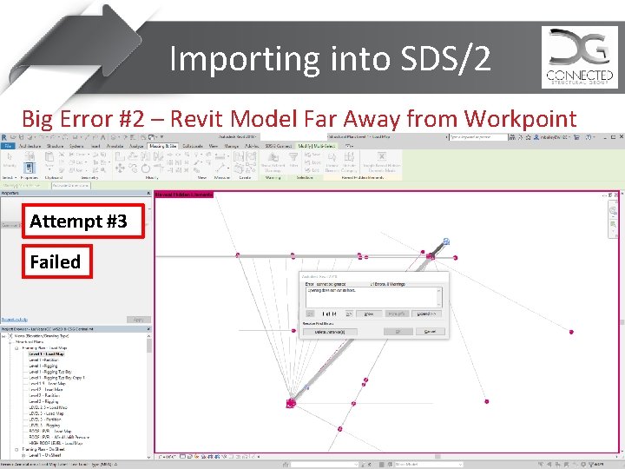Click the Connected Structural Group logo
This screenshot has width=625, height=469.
click(x=579, y=56)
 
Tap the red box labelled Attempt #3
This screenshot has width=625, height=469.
click(x=78, y=221)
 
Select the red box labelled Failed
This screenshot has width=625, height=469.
click(x=55, y=261)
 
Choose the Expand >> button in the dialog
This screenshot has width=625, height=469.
click(x=425, y=314)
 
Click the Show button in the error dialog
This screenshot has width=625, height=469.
click(x=369, y=314)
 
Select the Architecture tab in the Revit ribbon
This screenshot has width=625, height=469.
click(x=30, y=146)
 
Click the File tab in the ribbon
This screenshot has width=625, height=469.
click(x=7, y=146)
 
